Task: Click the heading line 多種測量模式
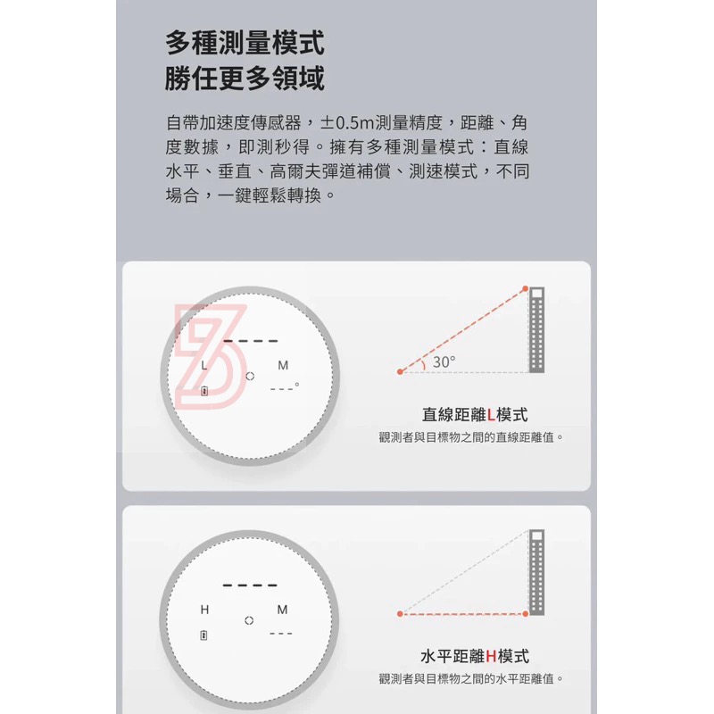pos(245,41)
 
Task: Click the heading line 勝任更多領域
pos(245,79)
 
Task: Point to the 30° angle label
pos(444,361)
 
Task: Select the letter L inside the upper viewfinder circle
pos(203,366)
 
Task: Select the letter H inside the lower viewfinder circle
pos(204,610)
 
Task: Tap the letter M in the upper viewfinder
pos(283,366)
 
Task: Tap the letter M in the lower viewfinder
pos(283,610)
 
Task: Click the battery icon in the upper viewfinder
pos(204,391)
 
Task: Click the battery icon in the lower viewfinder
pos(204,635)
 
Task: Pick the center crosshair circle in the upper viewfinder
pos(250,377)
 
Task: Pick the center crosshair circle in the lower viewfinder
pos(250,620)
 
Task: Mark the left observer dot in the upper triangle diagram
pos(400,371)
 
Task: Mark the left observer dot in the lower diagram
pos(400,614)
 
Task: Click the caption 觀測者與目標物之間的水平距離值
pos(471,679)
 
